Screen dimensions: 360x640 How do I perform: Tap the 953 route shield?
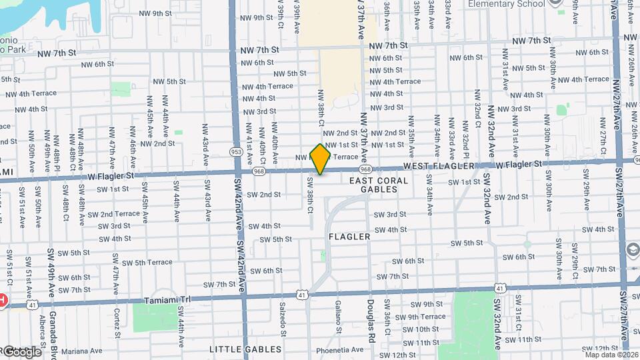[x=236, y=152]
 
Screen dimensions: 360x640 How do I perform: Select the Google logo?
[x=21, y=351]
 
